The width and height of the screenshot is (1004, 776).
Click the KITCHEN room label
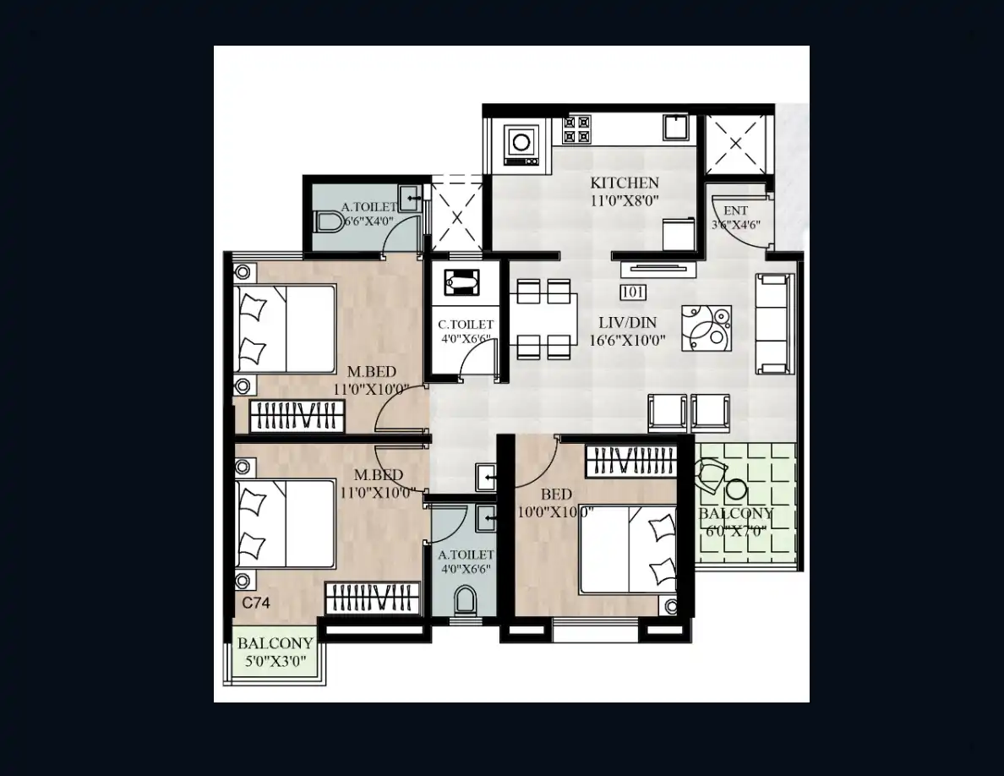pyautogui.click(x=625, y=183)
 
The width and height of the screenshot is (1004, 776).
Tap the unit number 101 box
pyautogui.click(x=633, y=292)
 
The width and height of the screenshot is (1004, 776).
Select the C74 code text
pyautogui.click(x=256, y=603)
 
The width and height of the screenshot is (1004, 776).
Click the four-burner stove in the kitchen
pyautogui.click(x=576, y=128)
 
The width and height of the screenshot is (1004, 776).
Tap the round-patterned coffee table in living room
pyautogui.click(x=707, y=328)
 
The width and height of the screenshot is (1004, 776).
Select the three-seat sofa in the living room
pyautogui.click(x=775, y=323)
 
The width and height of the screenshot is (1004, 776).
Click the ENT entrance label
pyautogui.click(x=736, y=210)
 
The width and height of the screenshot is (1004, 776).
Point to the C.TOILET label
pyautogui.click(x=466, y=325)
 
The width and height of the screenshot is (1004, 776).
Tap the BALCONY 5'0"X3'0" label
pyautogui.click(x=276, y=652)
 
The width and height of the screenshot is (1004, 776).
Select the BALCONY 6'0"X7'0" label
pyautogui.click(x=736, y=522)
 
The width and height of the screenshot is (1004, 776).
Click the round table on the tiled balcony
pyautogui.click(x=736, y=489)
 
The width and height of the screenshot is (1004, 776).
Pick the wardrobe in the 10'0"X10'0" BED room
pyautogui.click(x=631, y=461)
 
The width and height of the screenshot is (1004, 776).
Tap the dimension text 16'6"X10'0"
pyautogui.click(x=627, y=341)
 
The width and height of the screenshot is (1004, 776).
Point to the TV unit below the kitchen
pyautogui.click(x=658, y=269)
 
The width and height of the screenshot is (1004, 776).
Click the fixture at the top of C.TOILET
pyautogui.click(x=461, y=282)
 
